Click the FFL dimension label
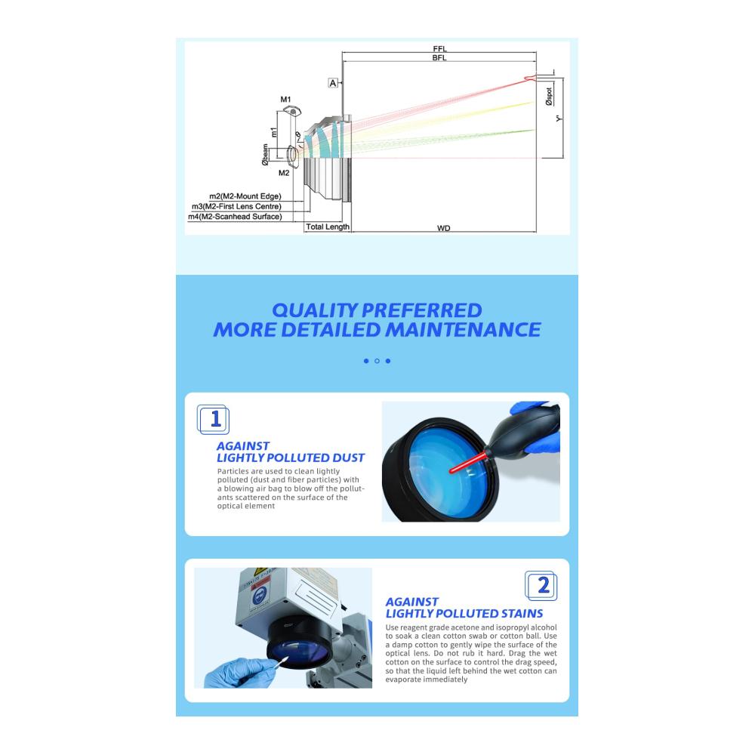pyautogui.click(x=439, y=48)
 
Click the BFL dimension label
pyautogui.click(x=439, y=58)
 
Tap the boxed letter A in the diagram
pyautogui.click(x=333, y=83)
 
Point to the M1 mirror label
pyautogui.click(x=285, y=100)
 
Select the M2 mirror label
pyautogui.click(x=284, y=173)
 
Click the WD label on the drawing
pyautogui.click(x=443, y=228)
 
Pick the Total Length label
pyautogui.click(x=328, y=226)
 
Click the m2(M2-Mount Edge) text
pyautogui.click(x=245, y=196)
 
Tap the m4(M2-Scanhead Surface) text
pyautogui.click(x=235, y=216)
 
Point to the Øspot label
pyautogui.click(x=549, y=97)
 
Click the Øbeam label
pyautogui.click(x=265, y=155)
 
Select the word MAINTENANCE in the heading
pyautogui.click(x=463, y=330)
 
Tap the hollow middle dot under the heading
pyautogui.click(x=377, y=361)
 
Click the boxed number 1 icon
pyautogui.click(x=214, y=419)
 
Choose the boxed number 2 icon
pyautogui.click(x=541, y=586)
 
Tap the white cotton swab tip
pyautogui.click(x=284, y=660)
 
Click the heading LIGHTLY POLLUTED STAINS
pyautogui.click(x=464, y=613)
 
